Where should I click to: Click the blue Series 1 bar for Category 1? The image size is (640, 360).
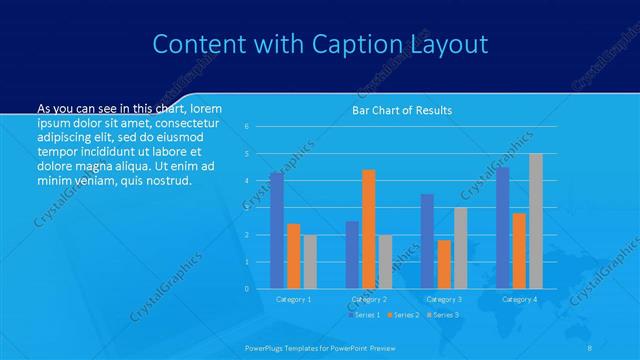[276, 230]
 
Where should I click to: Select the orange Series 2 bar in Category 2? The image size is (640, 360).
[369, 229]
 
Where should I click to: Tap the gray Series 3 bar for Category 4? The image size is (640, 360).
[536, 221]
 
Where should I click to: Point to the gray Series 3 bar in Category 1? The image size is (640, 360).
[310, 262]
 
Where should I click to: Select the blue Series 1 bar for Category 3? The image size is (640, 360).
[427, 241]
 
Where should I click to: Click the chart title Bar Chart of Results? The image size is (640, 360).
[402, 110]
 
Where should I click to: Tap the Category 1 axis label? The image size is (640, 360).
[293, 299]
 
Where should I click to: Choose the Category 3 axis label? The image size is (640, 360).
[444, 299]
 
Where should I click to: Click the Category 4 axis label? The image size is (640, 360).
[519, 299]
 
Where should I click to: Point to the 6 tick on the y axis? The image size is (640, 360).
[247, 127]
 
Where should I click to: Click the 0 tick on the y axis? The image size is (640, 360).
[247, 289]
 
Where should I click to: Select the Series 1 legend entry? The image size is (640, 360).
[365, 315]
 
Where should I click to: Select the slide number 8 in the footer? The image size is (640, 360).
[590, 347]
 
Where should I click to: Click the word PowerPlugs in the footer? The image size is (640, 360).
[267, 347]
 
